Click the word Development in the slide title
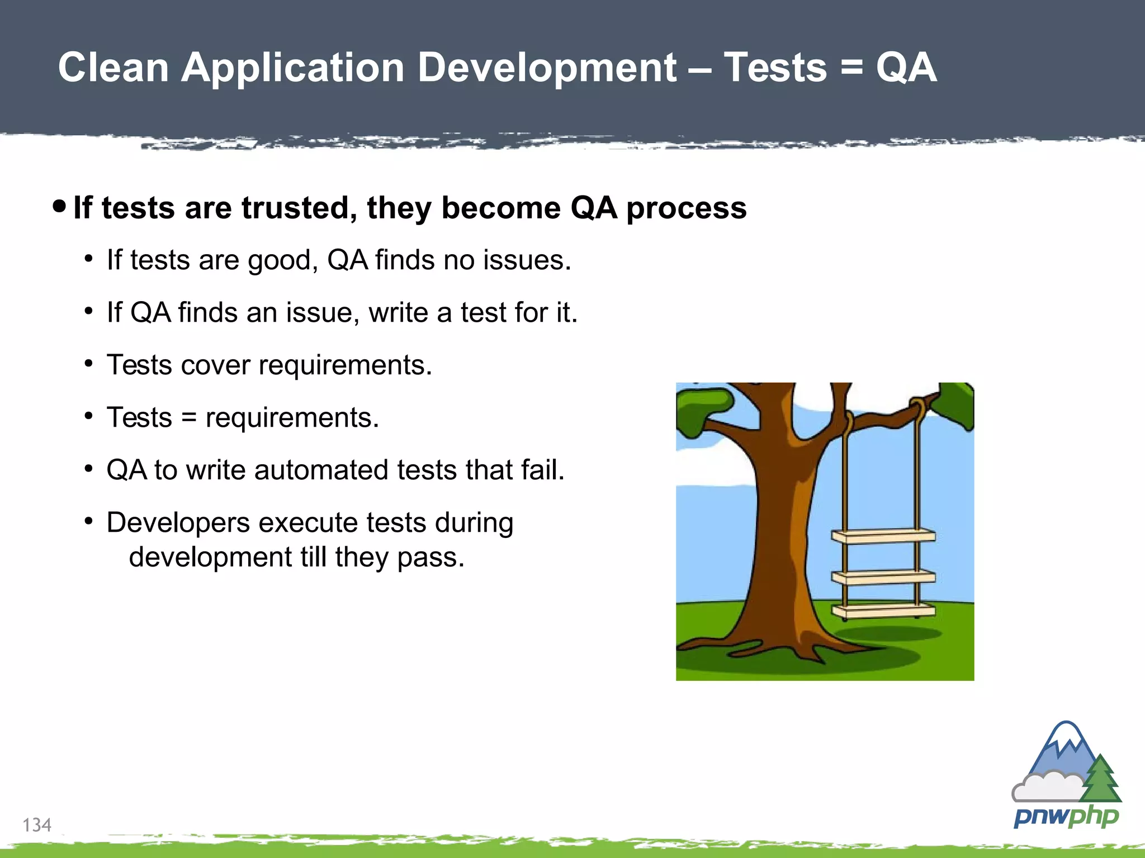(x=547, y=68)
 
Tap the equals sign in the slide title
(x=851, y=68)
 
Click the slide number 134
(x=37, y=825)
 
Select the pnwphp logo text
(x=1066, y=817)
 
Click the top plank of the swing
(x=883, y=536)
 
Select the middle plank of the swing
(x=883, y=577)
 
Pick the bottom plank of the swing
(x=883, y=611)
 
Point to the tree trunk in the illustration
(x=783, y=531)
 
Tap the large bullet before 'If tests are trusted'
(x=59, y=207)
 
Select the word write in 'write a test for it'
(x=399, y=313)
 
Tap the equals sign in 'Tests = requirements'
(x=189, y=418)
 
